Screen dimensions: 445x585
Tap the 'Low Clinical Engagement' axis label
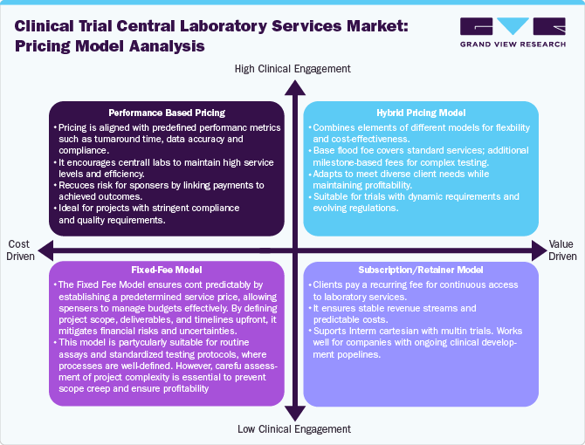point(293,428)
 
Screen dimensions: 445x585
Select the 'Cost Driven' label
point(22,250)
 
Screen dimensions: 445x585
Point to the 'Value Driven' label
point(562,250)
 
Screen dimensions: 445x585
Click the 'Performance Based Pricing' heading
point(166,113)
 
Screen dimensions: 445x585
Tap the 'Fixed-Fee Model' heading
point(166,270)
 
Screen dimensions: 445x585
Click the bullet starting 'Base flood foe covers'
point(420,156)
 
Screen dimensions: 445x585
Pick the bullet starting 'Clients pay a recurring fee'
point(419,291)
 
